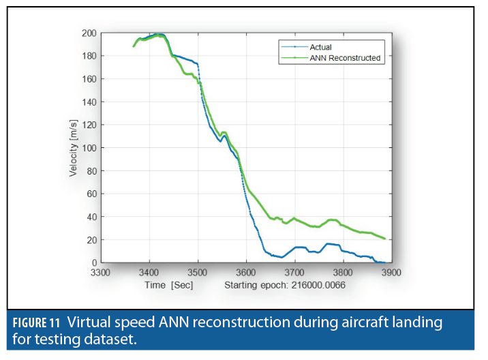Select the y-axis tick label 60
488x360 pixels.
[91, 194]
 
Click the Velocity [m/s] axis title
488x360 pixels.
[74, 148]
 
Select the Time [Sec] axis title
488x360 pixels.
[168, 284]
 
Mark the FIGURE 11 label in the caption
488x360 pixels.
[35, 322]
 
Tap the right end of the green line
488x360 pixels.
[385, 239]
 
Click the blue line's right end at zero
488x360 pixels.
[384, 262]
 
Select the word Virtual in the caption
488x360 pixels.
[87, 322]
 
